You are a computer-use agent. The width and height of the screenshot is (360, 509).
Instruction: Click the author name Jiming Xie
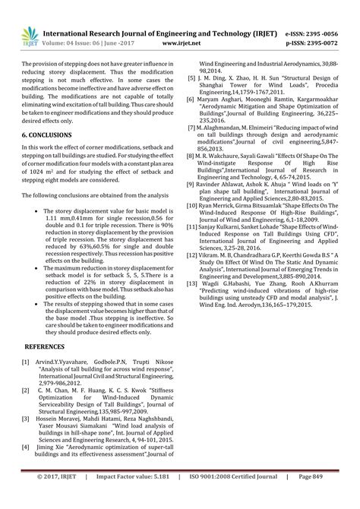tap(51, 448)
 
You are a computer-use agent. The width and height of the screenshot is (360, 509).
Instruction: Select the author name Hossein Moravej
tap(62, 419)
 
